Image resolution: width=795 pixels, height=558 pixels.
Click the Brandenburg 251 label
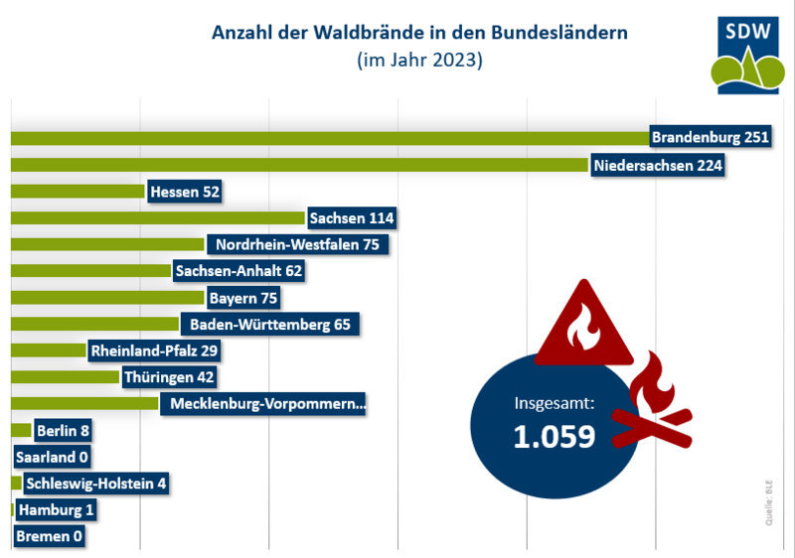click(710, 137)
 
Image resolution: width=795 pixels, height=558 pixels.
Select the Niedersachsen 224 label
click(656, 164)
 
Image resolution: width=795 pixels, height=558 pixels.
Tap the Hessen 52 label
click(183, 191)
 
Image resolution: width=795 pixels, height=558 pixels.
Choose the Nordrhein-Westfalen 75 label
click(296, 244)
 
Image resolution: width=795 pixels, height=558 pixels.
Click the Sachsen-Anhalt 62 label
click(237, 270)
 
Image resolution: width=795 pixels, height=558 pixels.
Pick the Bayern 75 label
click(242, 297)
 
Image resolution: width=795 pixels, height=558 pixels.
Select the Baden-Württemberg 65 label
click(268, 324)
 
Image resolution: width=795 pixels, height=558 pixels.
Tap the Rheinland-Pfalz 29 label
click(153, 350)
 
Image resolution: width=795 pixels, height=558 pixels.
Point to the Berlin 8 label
click(64, 431)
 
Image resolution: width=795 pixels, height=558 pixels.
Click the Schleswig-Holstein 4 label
click(95, 484)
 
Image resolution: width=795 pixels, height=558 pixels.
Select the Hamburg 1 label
click(57, 510)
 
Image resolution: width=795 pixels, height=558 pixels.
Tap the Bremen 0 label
click(49, 537)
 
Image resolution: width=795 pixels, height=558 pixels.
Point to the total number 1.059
click(554, 437)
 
